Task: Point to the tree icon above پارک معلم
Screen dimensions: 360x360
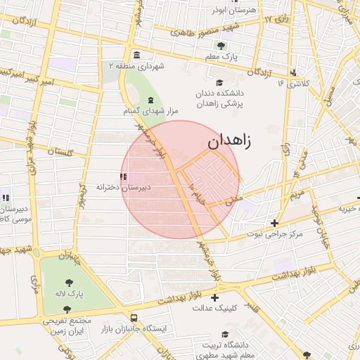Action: [221, 46]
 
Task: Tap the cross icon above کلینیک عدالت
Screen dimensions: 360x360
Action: [214, 297]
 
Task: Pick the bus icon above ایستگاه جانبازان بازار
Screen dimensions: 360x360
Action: [134, 316]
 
